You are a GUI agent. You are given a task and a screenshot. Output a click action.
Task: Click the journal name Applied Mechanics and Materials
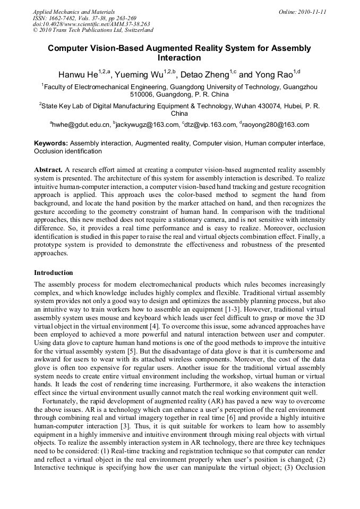(74, 12)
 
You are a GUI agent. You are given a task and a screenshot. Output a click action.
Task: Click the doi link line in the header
(91, 24)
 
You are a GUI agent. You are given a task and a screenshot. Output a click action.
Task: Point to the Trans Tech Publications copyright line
(93, 30)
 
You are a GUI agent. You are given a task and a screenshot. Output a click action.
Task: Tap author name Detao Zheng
(205, 74)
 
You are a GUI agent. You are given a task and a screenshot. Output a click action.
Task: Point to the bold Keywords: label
(51, 143)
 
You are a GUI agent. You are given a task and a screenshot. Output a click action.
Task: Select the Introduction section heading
(54, 273)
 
